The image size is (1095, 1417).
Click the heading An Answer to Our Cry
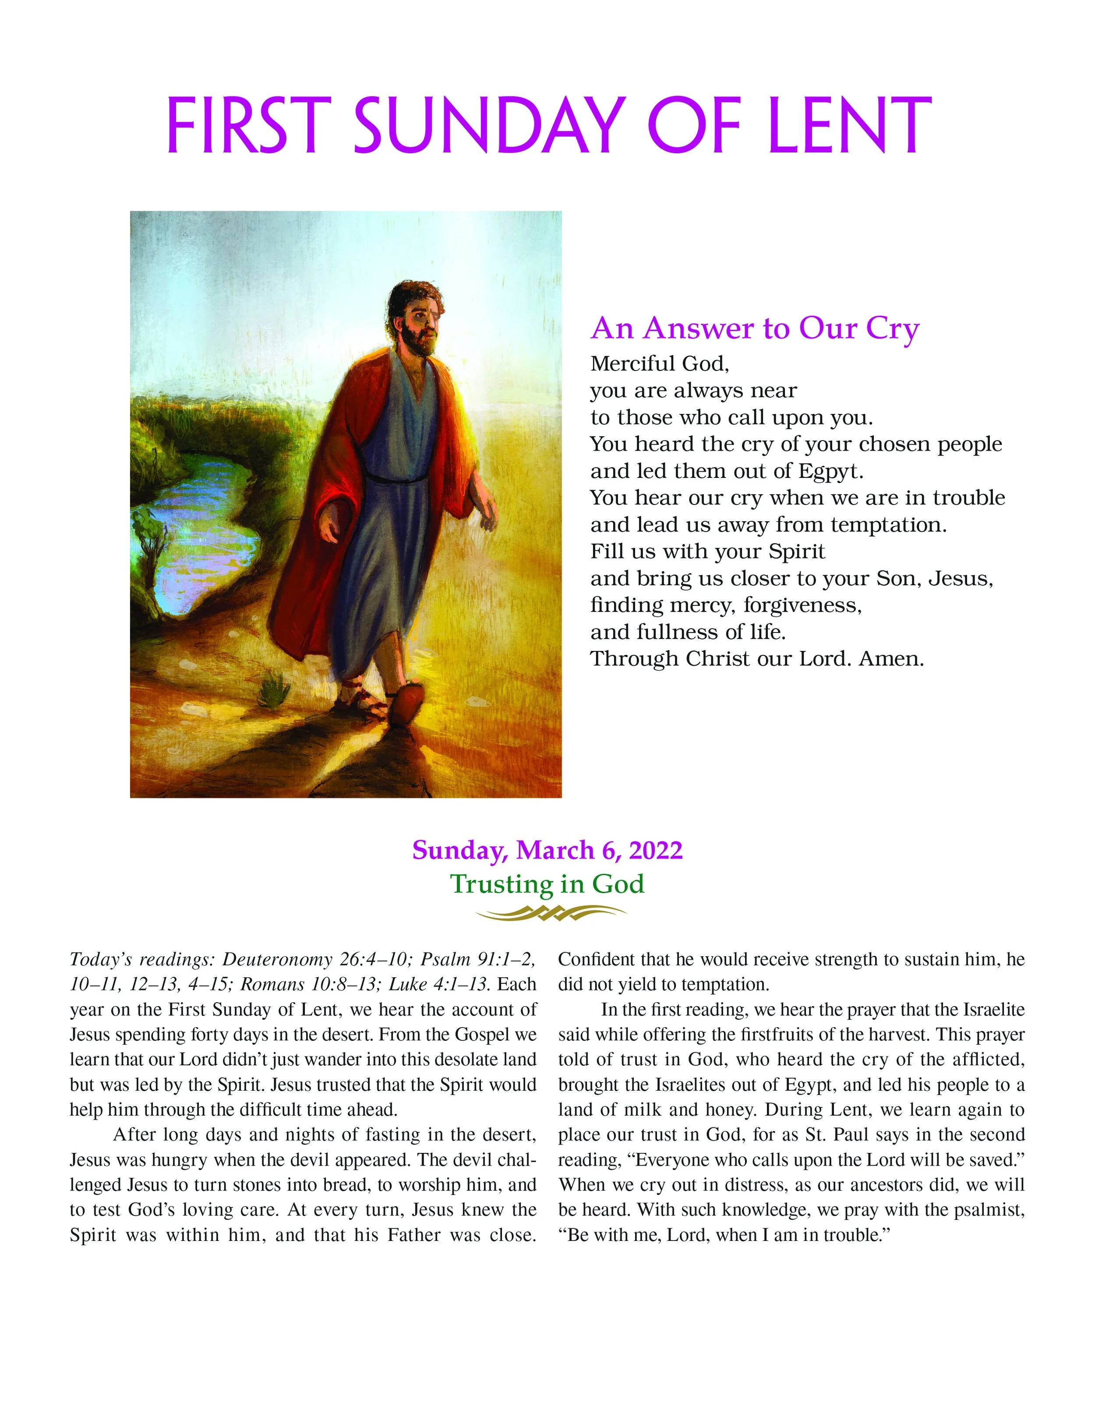[754, 329]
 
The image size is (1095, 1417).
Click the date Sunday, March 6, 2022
[547, 850]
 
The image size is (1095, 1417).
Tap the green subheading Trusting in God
[547, 883]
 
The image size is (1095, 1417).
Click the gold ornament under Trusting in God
[550, 913]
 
